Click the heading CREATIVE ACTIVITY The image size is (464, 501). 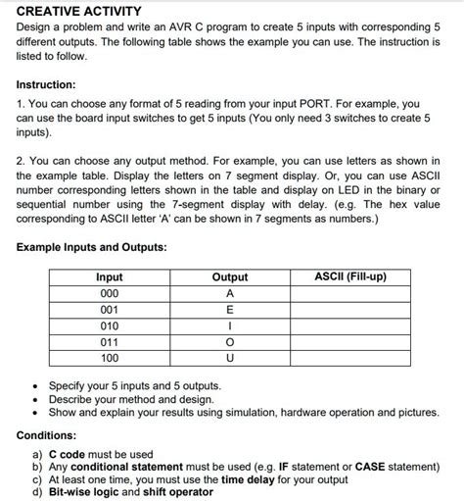(79, 11)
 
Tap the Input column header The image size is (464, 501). (110, 277)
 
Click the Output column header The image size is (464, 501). (230, 277)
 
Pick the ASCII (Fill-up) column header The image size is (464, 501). (349, 276)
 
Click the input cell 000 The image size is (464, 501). (110, 293)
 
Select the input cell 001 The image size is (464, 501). (110, 309)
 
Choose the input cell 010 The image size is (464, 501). (110, 325)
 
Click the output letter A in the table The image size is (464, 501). (230, 293)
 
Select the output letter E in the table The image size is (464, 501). (230, 309)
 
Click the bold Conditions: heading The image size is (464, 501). (52, 435)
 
